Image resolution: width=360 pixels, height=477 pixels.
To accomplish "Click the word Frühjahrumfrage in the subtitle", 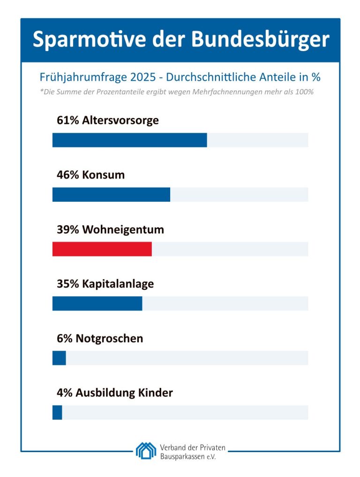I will [78, 77].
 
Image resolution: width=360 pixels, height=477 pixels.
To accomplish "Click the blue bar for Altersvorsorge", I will [129, 140].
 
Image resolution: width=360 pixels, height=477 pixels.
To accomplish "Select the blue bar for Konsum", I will [111, 195].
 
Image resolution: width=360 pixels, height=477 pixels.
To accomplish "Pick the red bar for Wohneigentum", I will [102, 249].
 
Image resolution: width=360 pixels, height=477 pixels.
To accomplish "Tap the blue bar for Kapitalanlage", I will [97, 303].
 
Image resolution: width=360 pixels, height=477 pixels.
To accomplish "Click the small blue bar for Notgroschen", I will [59, 358].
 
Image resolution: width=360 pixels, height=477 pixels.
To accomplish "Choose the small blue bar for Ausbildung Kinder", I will [57, 412].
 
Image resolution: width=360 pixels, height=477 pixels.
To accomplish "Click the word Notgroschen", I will [109, 339].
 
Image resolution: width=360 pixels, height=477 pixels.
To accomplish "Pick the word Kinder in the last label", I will [156, 393].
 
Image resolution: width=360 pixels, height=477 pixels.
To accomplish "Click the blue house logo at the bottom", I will [146, 450].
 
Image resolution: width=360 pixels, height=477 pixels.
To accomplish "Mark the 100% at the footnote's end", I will [305, 92].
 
